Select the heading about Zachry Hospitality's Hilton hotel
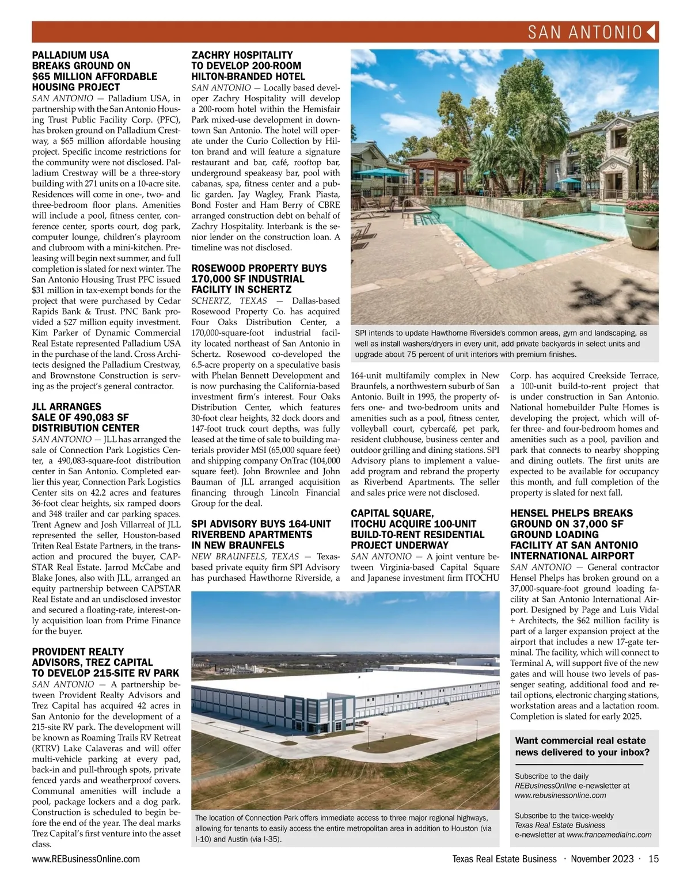pyautogui.click(x=248, y=66)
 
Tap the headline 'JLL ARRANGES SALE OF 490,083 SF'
pyautogui.click(x=85, y=417)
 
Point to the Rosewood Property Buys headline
pyautogui.click(x=259, y=279)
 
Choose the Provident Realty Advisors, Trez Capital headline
pyautogui.click(x=105, y=662)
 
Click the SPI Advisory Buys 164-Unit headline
pyautogui.click(x=261, y=534)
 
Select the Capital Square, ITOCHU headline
pyautogui.click(x=417, y=529)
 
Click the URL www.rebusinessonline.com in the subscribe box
pyautogui.click(x=560, y=795)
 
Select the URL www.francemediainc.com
pyautogui.click(x=609, y=835)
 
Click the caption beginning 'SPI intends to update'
pyautogui.click(x=500, y=344)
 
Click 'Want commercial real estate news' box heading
pyautogui.click(x=582, y=747)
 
